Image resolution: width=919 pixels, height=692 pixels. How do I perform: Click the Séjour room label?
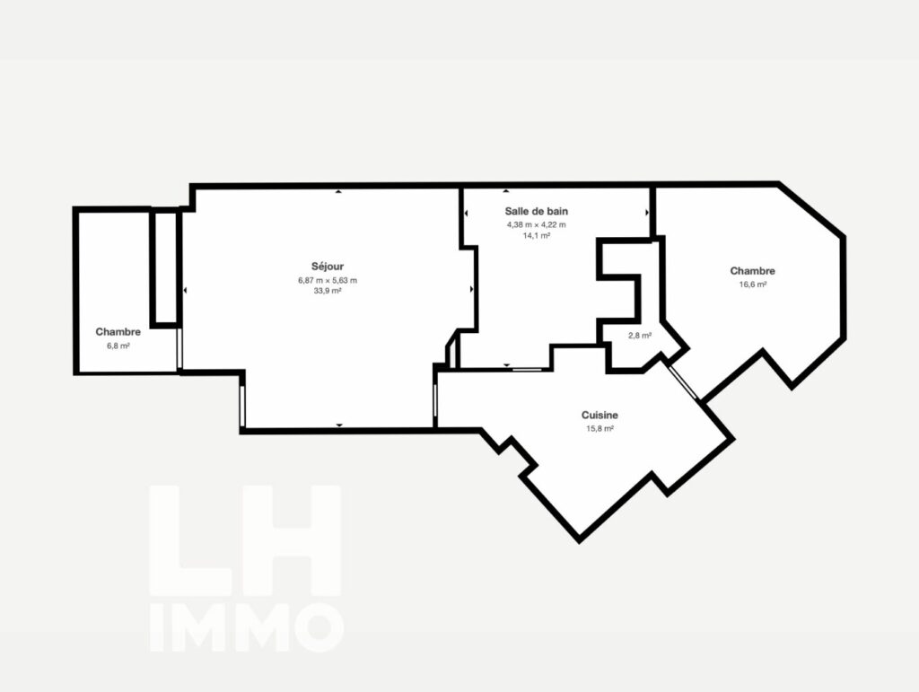327,267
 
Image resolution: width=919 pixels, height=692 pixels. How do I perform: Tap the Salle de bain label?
537,211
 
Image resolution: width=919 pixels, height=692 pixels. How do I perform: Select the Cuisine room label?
600,415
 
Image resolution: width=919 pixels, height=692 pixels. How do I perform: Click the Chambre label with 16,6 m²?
753,271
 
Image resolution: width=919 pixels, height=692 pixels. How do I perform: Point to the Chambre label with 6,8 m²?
118,332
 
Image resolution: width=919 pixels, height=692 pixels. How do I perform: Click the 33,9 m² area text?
327,291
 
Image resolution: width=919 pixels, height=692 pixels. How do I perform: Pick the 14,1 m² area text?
537,235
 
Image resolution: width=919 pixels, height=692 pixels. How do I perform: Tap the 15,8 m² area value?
600,428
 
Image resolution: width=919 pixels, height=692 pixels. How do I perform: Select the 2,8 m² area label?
639,336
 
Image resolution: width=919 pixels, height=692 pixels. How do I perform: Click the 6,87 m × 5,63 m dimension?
327,280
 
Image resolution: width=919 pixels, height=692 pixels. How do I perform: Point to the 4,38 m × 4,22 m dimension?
537,224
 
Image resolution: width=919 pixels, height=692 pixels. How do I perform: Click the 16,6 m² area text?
753,285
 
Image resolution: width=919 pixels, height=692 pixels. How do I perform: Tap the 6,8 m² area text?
118,346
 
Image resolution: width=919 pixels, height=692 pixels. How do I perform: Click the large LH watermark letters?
245,540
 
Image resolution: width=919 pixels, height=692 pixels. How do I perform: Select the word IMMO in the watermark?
246,627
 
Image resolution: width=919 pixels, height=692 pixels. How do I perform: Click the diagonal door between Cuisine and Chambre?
683,382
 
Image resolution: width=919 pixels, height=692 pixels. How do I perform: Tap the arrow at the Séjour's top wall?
338,191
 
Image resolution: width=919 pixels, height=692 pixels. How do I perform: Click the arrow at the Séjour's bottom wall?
338,425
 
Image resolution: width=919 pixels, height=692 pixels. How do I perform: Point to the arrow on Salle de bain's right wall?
647,213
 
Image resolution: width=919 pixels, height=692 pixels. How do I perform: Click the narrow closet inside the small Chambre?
164,267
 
